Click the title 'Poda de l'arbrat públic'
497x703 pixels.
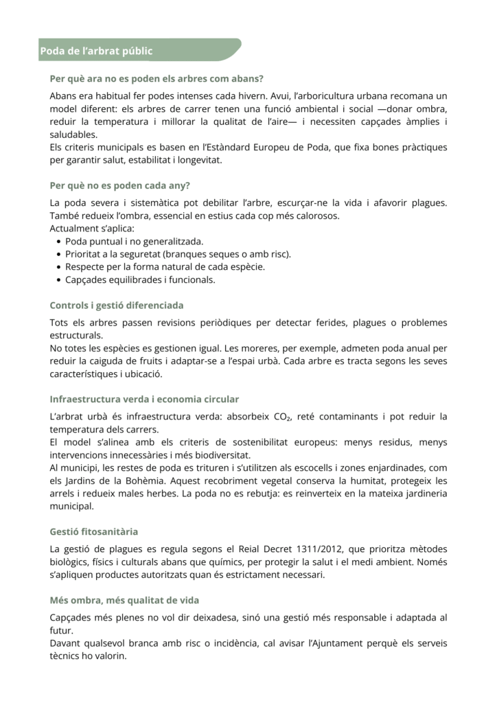point(96,51)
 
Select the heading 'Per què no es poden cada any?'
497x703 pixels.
point(120,185)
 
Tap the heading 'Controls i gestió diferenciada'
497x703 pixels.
point(117,305)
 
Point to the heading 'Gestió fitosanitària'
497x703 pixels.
point(94,531)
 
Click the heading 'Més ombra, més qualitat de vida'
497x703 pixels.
point(124,600)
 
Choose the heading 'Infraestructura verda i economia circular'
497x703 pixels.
point(144,399)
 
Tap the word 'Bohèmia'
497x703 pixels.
point(139,481)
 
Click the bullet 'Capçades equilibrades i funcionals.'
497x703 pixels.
point(140,280)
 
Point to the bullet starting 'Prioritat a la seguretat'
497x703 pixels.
point(178,254)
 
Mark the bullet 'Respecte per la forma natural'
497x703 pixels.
point(165,267)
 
